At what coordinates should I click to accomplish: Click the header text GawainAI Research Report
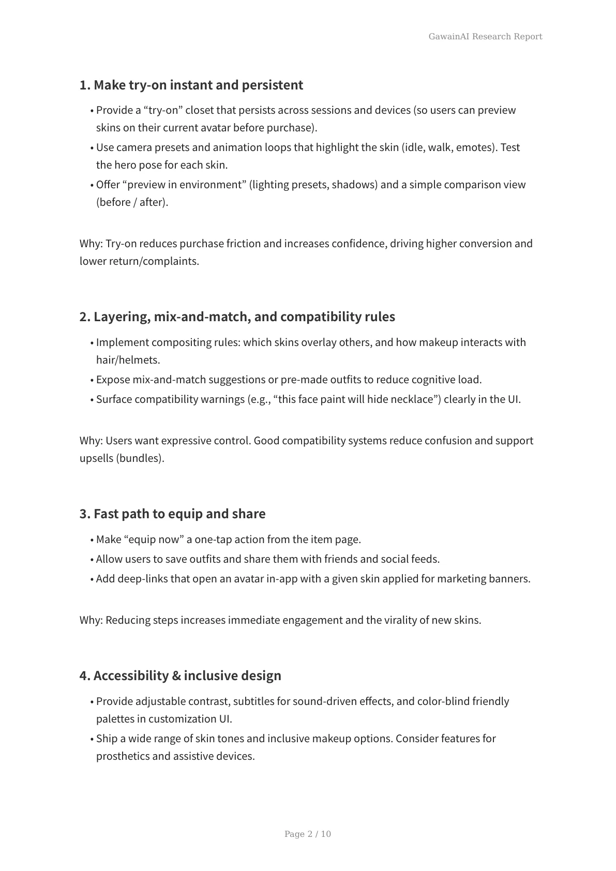point(485,37)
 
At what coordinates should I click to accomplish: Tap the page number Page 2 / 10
point(308,834)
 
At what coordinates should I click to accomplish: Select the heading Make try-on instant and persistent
point(191,85)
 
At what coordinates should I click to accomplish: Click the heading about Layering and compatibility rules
point(237,317)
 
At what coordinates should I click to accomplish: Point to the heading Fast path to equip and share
point(172,514)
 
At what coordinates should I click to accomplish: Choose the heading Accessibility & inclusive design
point(180,675)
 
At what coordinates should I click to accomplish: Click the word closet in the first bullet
point(199,110)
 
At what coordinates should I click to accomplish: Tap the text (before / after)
point(132,202)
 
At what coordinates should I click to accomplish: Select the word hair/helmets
point(128,360)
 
